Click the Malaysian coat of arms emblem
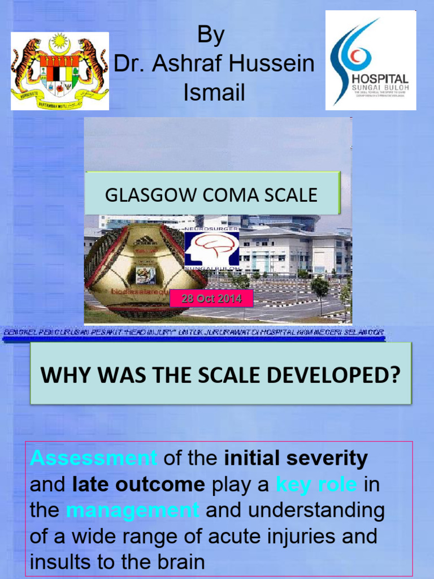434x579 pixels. [60, 71]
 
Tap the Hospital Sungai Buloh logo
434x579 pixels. [371, 60]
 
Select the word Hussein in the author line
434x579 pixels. [275, 64]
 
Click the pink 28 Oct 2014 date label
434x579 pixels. [211, 298]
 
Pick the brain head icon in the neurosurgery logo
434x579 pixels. [212, 248]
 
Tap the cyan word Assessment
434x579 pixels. [94, 458]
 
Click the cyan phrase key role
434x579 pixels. [316, 485]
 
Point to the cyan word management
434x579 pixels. [133, 511]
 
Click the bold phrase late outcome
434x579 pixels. [138, 485]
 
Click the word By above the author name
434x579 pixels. [211, 36]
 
